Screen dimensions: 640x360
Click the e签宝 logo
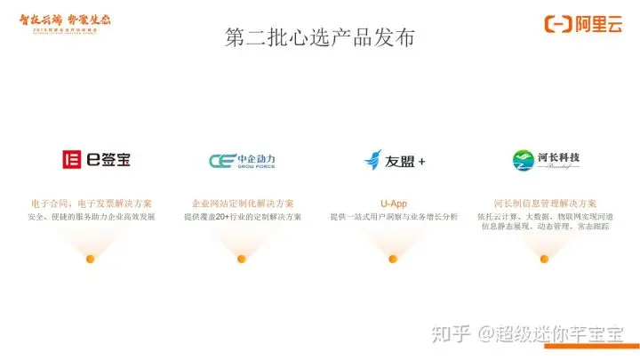click(96, 161)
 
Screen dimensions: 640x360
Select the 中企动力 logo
click(243, 161)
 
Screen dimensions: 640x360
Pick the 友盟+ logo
click(394, 161)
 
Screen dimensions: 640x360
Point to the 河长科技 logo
click(546, 160)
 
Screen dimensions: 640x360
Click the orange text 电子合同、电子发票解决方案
click(91, 204)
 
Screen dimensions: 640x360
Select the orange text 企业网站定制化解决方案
click(243, 204)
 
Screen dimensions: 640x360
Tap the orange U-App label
click(394, 204)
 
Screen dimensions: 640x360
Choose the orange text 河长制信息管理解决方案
click(545, 204)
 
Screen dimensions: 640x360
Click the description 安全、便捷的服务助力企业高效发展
click(91, 217)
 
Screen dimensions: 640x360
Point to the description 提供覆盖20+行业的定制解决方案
click(243, 217)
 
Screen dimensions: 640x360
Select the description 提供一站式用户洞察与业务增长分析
click(394, 217)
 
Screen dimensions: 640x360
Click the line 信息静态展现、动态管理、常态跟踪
click(545, 228)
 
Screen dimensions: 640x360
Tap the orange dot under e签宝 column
click(91, 259)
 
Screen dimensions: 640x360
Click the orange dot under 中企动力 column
click(242, 259)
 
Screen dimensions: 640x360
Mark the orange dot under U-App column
click(393, 259)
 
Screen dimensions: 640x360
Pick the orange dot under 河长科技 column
click(545, 259)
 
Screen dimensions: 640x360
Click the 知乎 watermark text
click(451, 333)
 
